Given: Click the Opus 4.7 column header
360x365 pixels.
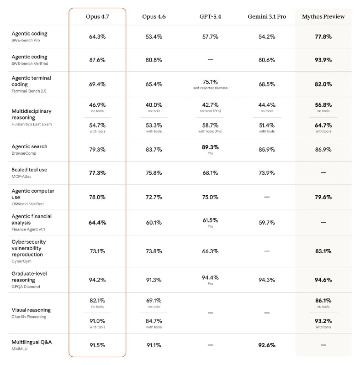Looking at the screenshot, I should (x=97, y=17).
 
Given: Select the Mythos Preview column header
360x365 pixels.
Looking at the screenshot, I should (x=323, y=17).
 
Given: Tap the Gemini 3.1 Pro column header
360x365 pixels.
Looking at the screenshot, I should (x=267, y=17).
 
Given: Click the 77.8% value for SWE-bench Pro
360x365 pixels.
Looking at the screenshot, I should (x=323, y=36).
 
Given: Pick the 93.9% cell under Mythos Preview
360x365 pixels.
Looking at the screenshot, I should (x=323, y=60).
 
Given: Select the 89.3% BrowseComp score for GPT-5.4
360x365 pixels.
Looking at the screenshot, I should (x=210, y=147).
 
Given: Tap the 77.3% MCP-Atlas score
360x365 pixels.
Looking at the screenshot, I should (x=97, y=173).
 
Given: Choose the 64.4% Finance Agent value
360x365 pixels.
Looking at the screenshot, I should (x=97, y=223).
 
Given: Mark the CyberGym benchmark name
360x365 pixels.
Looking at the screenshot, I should (x=21, y=261).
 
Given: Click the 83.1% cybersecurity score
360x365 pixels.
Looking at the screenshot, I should (x=323, y=251).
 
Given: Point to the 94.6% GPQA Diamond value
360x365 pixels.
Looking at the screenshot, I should (x=323, y=280).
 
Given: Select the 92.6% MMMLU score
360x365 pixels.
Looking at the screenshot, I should (x=267, y=345).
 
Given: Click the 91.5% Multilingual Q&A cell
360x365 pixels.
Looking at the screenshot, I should (x=97, y=345).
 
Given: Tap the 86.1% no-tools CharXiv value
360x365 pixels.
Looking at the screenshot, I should (x=323, y=301).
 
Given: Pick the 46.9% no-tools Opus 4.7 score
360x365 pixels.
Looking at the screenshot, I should (x=97, y=104).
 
